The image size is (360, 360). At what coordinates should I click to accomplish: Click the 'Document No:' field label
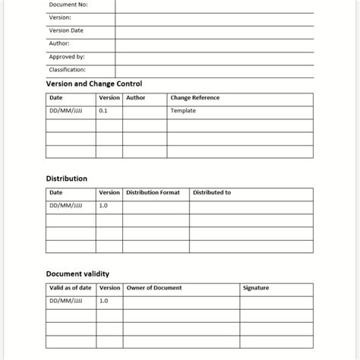pos(68,5)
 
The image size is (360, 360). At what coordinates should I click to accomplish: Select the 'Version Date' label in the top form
pos(66,30)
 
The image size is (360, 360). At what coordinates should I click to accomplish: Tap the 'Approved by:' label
pos(67,56)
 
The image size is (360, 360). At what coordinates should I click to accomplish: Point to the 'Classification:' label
pos(68,69)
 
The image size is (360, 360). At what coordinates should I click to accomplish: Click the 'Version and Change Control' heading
pos(94,84)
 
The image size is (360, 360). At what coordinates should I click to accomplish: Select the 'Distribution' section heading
pos(67,178)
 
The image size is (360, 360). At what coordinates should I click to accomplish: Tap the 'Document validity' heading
pos(77,273)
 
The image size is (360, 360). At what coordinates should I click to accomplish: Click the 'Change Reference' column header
pos(195,98)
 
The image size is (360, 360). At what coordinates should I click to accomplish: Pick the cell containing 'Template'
pos(183,111)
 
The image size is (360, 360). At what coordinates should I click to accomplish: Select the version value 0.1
pos(103,111)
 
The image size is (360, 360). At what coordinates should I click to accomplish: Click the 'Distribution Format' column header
pos(153,193)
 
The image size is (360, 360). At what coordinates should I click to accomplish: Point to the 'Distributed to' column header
pos(212,193)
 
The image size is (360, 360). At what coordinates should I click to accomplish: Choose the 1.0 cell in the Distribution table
pos(103,206)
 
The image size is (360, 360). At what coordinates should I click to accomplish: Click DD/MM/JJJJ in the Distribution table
pos(66,206)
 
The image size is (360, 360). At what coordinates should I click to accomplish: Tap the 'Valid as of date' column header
pos(71,288)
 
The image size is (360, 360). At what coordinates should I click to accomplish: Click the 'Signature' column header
pos(256,288)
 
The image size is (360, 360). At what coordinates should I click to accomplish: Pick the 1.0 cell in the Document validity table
pos(103,301)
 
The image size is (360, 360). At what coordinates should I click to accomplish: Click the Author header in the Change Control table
pos(136,98)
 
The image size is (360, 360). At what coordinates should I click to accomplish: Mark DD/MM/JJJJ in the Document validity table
pos(66,301)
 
